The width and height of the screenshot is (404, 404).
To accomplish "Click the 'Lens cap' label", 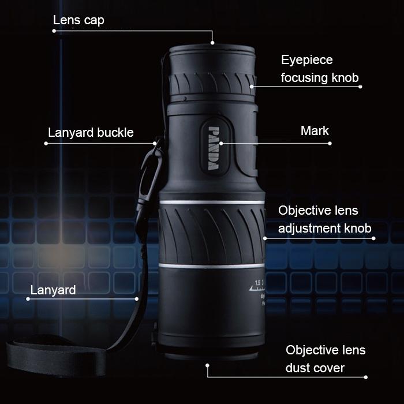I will click(x=78, y=20).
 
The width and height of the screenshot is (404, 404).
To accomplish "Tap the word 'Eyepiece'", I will click(x=306, y=60).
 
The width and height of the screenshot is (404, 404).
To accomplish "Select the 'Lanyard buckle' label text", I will click(x=90, y=133).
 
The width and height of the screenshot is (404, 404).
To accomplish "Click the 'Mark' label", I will click(x=315, y=130).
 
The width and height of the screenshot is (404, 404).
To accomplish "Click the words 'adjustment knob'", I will click(x=325, y=228).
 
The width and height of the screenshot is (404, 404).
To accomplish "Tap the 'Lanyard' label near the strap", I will click(x=53, y=290).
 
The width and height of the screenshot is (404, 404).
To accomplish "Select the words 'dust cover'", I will click(x=315, y=368).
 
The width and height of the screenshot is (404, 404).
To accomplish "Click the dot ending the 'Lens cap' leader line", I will click(x=212, y=43).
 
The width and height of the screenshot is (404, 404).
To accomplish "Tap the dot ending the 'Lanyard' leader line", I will click(x=137, y=299).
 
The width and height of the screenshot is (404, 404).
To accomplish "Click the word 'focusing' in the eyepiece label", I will click(x=303, y=78).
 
